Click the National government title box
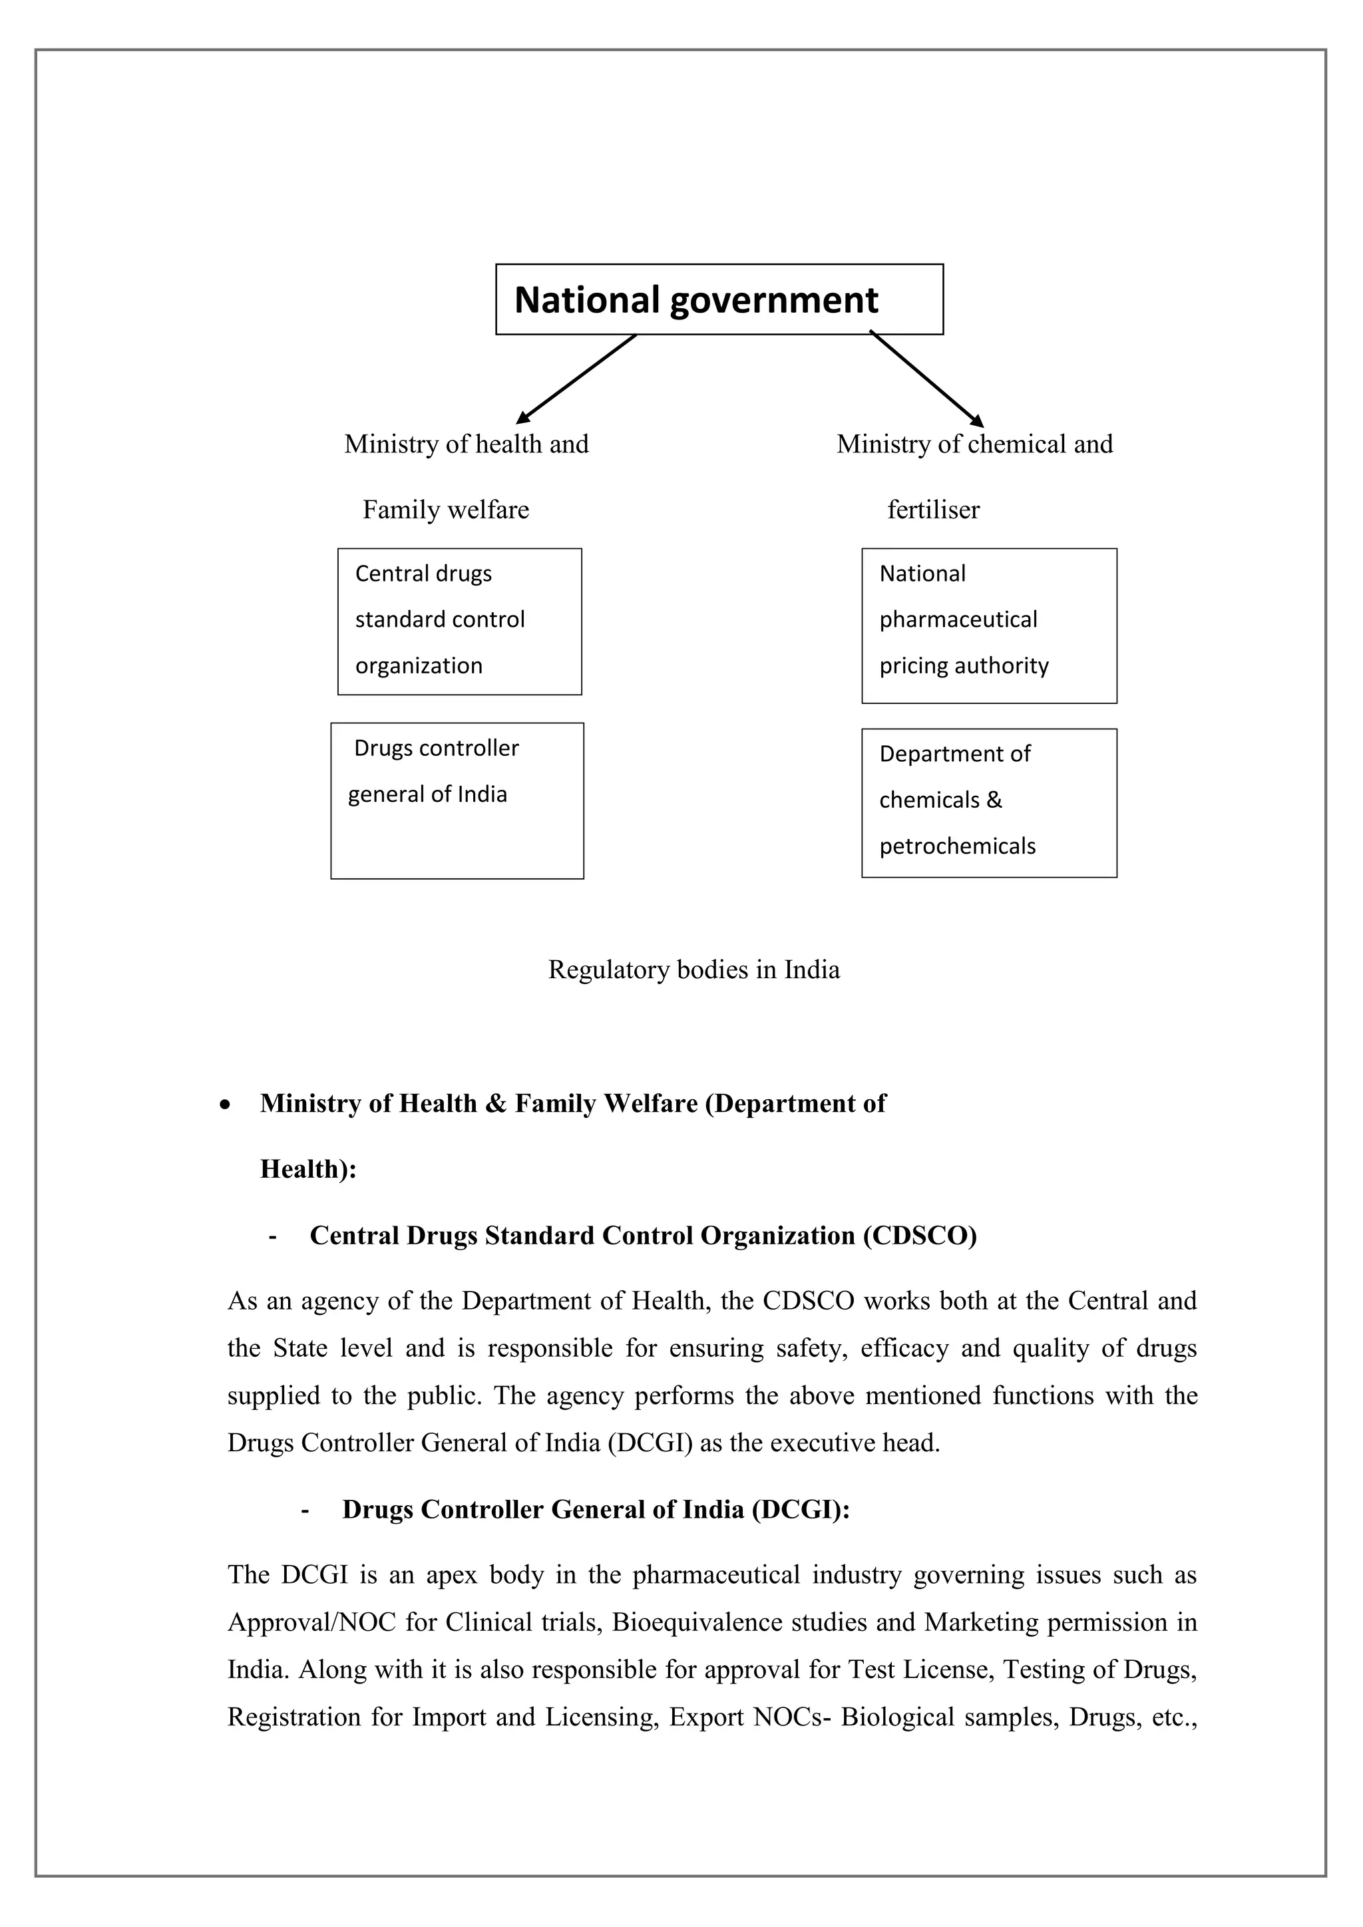(719, 299)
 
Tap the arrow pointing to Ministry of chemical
(926, 379)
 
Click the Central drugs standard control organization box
(459, 621)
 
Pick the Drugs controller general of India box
(457, 800)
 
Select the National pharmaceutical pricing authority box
(989, 625)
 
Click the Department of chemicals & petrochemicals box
(989, 802)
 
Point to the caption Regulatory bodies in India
(693, 969)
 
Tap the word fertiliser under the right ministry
(933, 510)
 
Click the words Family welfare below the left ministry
(446, 510)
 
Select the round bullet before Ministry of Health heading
(224, 1106)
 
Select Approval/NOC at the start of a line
(311, 1622)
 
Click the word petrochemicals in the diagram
(957, 846)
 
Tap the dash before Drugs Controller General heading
(304, 1510)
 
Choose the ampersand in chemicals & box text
(994, 800)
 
